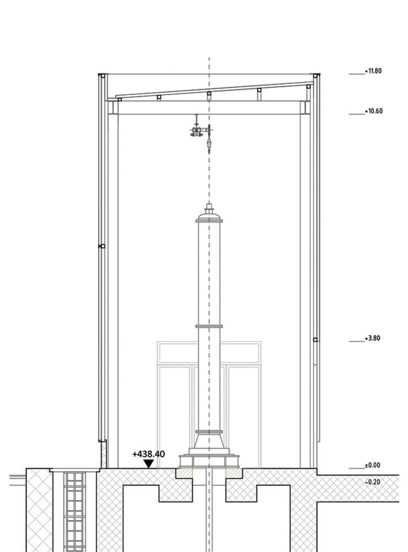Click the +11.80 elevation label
point(373,71)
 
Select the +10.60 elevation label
point(373,112)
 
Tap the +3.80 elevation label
point(373,338)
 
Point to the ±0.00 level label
point(373,465)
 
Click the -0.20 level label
point(373,482)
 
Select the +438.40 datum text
point(148,454)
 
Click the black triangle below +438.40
point(149,464)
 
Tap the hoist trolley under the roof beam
point(197,131)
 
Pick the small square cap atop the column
point(210,206)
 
